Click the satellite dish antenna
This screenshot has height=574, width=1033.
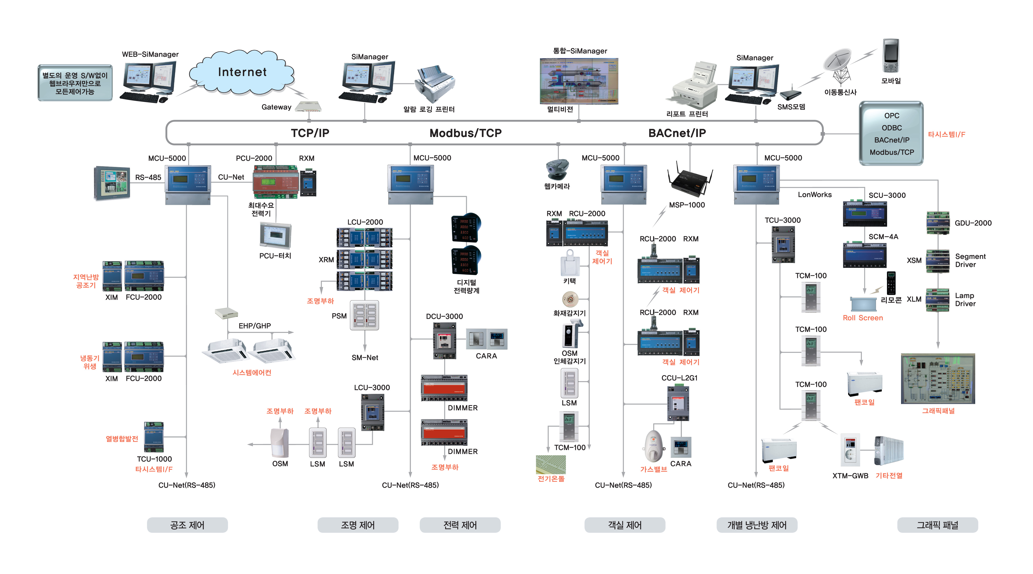coord(838,64)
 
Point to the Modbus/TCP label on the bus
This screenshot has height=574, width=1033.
coord(465,133)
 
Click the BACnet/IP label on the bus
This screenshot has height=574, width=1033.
coord(677,133)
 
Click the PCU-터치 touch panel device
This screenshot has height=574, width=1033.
coord(276,236)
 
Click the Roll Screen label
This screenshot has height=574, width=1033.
coord(862,318)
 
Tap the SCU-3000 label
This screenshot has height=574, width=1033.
coord(887,195)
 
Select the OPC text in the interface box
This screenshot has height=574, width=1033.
coord(891,116)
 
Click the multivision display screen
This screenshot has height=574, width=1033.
coord(579,81)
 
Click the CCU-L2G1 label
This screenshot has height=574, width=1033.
coord(679,378)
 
